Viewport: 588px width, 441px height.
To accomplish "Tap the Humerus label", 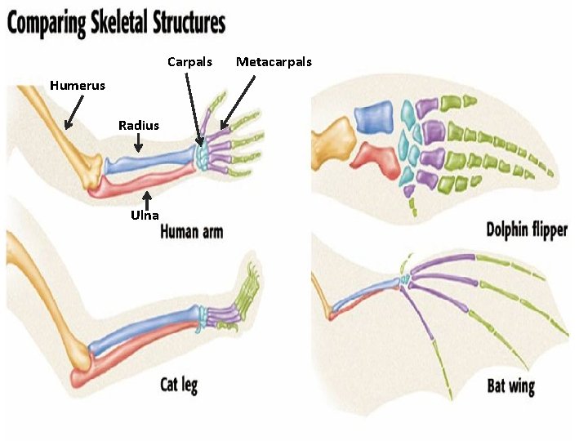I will (x=78, y=85).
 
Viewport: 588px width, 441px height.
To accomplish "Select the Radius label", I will (x=139, y=125).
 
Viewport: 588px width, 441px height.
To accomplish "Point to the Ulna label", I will (x=145, y=216).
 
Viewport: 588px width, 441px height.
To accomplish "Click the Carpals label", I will (x=189, y=62).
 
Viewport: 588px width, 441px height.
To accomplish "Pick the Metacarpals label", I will (x=274, y=62).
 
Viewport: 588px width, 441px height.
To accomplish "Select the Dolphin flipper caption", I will (x=527, y=229).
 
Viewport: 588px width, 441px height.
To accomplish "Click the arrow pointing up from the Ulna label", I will (x=147, y=199).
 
